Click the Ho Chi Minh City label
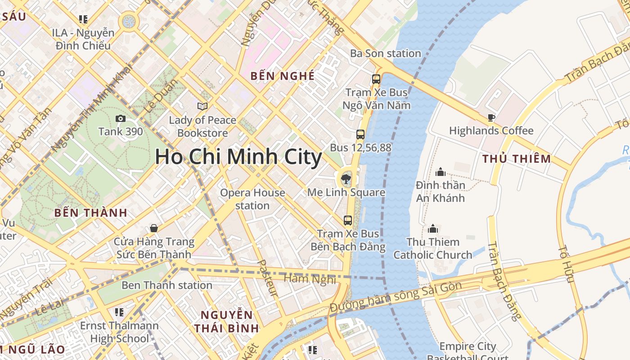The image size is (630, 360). coord(238,157)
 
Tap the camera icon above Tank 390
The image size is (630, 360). coord(121,118)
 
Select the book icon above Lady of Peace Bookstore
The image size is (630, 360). coord(202,106)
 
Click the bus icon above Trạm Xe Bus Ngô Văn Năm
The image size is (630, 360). coord(376,79)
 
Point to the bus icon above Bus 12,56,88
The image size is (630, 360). coord(360,134)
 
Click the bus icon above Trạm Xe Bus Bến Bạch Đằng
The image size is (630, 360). coord(348,220)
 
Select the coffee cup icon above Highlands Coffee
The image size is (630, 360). coord(491,118)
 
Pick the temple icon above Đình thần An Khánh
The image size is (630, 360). coord(440,172)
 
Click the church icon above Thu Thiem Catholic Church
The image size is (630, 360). coord(433,229)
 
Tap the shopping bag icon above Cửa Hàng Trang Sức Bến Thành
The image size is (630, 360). coord(154,228)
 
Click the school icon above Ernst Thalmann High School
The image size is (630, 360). coord(119,312)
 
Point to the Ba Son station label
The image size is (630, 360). coord(386,54)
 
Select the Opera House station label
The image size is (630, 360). coord(252,199)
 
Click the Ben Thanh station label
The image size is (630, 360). coord(166,285)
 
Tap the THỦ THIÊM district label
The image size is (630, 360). coord(517,158)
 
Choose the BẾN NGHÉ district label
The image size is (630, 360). coord(283,76)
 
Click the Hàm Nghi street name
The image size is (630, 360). coord(310,279)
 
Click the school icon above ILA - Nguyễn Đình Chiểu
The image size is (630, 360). coord(83,19)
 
